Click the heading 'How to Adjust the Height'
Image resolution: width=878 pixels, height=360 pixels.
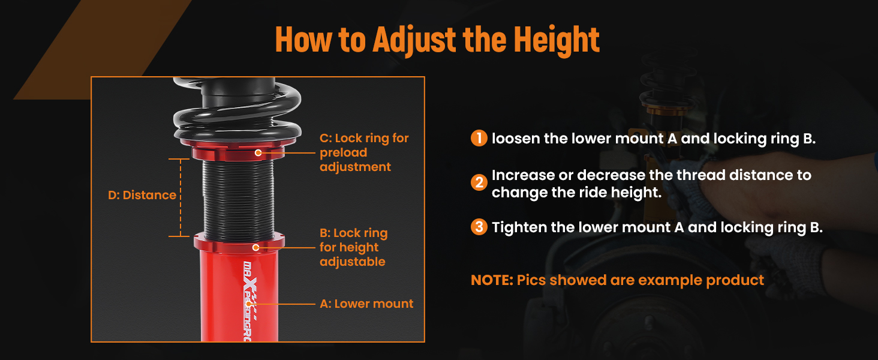pyautogui.click(x=437, y=39)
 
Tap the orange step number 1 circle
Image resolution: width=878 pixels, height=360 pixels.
pyautogui.click(x=479, y=138)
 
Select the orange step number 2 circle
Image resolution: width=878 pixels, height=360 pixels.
pyautogui.click(x=479, y=182)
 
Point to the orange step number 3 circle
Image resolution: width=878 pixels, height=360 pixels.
pyautogui.click(x=479, y=227)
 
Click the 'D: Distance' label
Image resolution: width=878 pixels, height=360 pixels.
pyautogui.click(x=142, y=195)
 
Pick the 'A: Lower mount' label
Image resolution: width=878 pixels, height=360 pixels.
pyautogui.click(x=366, y=304)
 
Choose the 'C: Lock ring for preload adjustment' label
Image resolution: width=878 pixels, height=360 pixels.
pyautogui.click(x=364, y=152)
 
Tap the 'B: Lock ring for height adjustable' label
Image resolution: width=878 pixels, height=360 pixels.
pyautogui.click(x=354, y=247)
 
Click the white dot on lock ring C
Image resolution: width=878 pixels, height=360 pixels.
pyautogui.click(x=258, y=152)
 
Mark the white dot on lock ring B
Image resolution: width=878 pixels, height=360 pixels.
pyautogui.click(x=255, y=247)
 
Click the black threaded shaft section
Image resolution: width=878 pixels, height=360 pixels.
pyautogui.click(x=238, y=200)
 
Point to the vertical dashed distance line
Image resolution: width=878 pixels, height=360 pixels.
pyautogui.click(x=181, y=197)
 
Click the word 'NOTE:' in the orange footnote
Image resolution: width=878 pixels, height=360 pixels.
pyautogui.click(x=492, y=280)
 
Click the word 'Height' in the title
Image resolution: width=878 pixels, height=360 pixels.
pyautogui.click(x=557, y=39)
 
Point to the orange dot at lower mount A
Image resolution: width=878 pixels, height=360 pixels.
pyautogui.click(x=248, y=304)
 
